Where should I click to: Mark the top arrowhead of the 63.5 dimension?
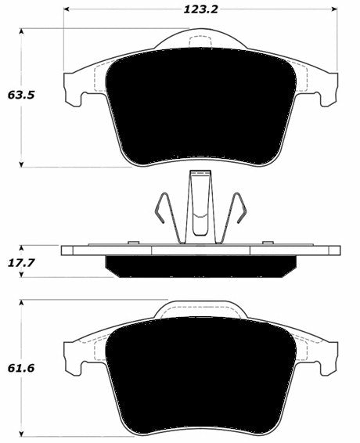(x=22, y=32)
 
